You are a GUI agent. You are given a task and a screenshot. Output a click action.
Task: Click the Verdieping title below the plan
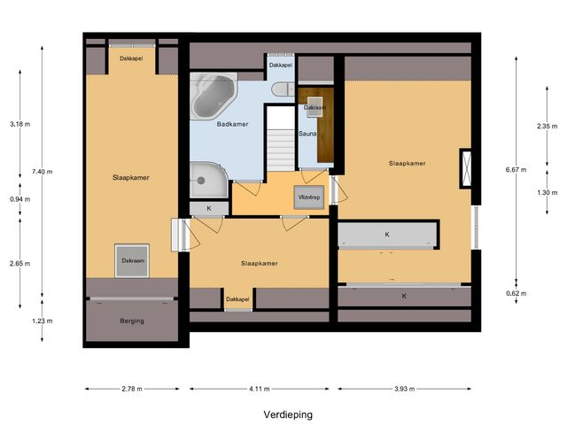click(x=288, y=413)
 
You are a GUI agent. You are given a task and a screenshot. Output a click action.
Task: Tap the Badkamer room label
click(x=232, y=125)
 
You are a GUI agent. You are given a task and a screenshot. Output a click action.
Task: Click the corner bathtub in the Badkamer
click(x=215, y=96)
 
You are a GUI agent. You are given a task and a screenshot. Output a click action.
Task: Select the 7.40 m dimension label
click(x=42, y=172)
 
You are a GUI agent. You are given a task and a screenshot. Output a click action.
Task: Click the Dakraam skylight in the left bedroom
click(x=132, y=260)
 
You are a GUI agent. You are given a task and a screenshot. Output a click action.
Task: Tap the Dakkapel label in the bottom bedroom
click(x=237, y=299)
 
